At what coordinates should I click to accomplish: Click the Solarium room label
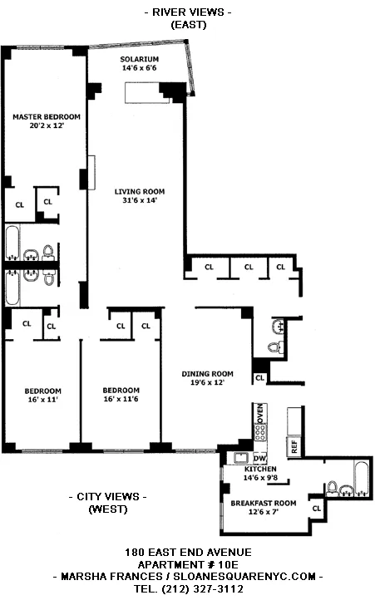(x=140, y=59)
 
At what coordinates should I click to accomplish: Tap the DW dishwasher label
(x=259, y=458)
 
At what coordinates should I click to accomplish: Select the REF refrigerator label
(x=294, y=446)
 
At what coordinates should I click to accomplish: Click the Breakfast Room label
(x=263, y=502)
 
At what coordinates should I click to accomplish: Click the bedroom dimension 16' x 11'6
(x=121, y=400)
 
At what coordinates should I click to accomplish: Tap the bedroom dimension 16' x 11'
(x=41, y=400)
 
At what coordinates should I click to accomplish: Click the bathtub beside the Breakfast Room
(x=358, y=480)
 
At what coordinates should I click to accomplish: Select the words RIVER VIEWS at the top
(x=187, y=12)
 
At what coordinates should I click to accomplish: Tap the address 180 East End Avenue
(x=187, y=552)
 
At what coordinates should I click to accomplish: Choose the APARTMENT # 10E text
(x=187, y=563)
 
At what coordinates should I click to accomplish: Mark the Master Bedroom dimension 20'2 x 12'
(x=47, y=126)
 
